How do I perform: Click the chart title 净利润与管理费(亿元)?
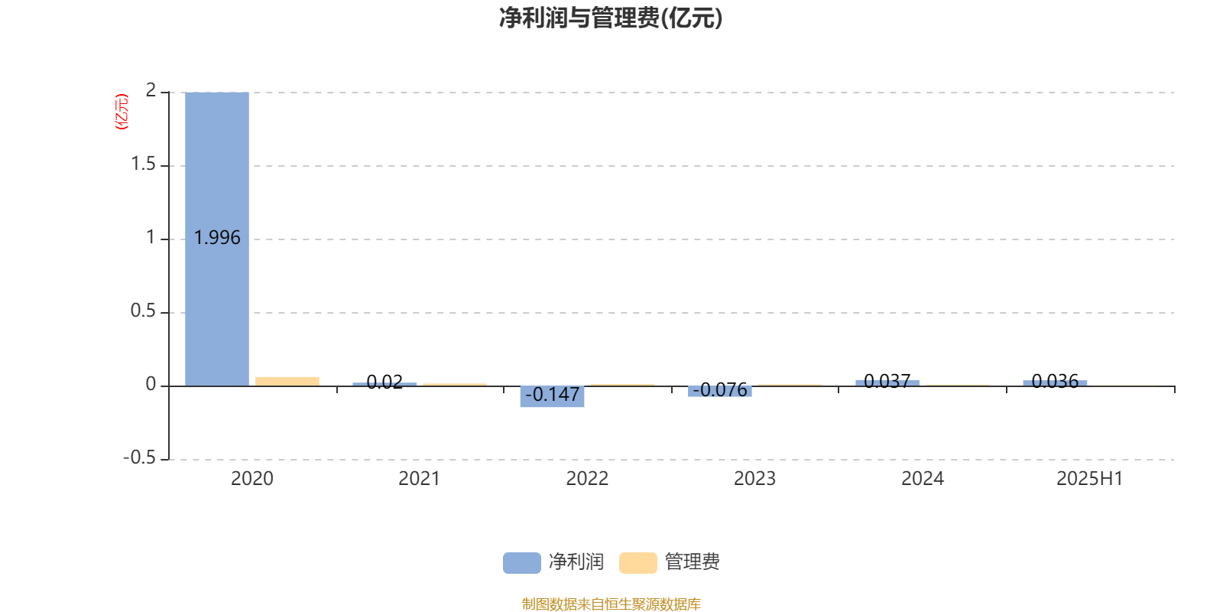pyautogui.click(x=611, y=18)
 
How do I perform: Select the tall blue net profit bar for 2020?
pyautogui.click(x=217, y=239)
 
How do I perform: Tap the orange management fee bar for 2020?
pyautogui.click(x=287, y=382)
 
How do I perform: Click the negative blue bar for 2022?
pyautogui.click(x=552, y=396)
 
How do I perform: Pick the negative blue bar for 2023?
pyautogui.click(x=719, y=391)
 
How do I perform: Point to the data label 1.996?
pyautogui.click(x=217, y=238)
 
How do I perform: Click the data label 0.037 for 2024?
pyautogui.click(x=887, y=381)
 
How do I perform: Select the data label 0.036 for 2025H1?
pyautogui.click(x=1055, y=381)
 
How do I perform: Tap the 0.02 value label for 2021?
pyautogui.click(x=384, y=382)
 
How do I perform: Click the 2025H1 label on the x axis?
pyautogui.click(x=1090, y=479)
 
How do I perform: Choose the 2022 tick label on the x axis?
pyautogui.click(x=587, y=479)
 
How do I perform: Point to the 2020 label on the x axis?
pyautogui.click(x=251, y=479)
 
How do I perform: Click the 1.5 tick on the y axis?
pyautogui.click(x=143, y=164)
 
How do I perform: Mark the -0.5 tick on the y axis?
pyautogui.click(x=139, y=457)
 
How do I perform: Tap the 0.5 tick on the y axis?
pyautogui.click(x=143, y=311)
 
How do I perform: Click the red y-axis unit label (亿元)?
pyautogui.click(x=122, y=112)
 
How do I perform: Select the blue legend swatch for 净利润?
pyautogui.click(x=522, y=563)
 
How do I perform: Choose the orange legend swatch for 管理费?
pyautogui.click(x=637, y=563)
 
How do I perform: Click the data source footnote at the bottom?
pyautogui.click(x=611, y=604)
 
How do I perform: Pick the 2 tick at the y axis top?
pyautogui.click(x=151, y=90)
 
